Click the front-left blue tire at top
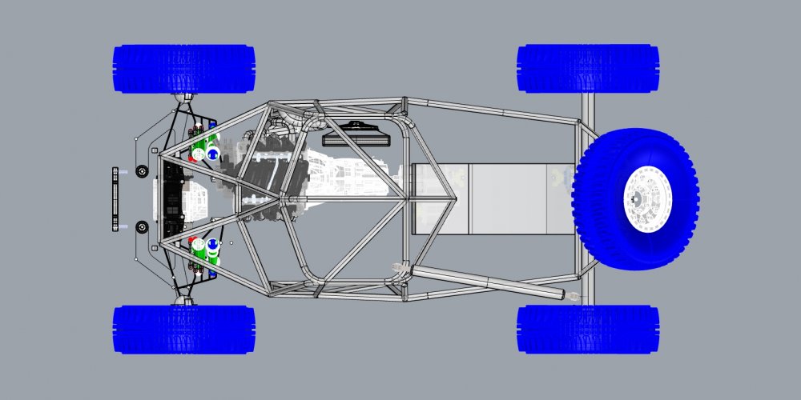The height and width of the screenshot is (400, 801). [184, 69]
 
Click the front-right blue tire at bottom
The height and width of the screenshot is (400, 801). [184, 329]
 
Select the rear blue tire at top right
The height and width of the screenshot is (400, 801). [589, 68]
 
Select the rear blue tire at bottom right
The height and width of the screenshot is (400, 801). [589, 329]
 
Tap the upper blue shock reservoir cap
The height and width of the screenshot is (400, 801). [213, 151]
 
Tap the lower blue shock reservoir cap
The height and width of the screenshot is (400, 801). [213, 245]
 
